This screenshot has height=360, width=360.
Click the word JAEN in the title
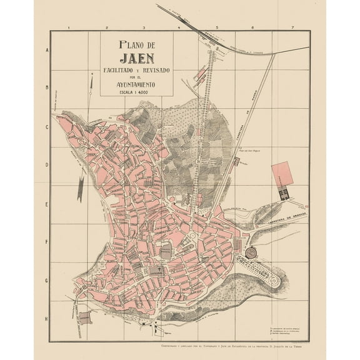pos(137,59)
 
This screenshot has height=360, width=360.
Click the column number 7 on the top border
pos(292,28)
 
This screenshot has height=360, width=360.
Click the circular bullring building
pos(251,253)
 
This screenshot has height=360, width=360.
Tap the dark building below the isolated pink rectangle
pos(283,193)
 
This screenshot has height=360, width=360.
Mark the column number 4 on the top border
pos(179,28)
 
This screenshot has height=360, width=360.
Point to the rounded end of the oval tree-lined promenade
pos(275,279)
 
